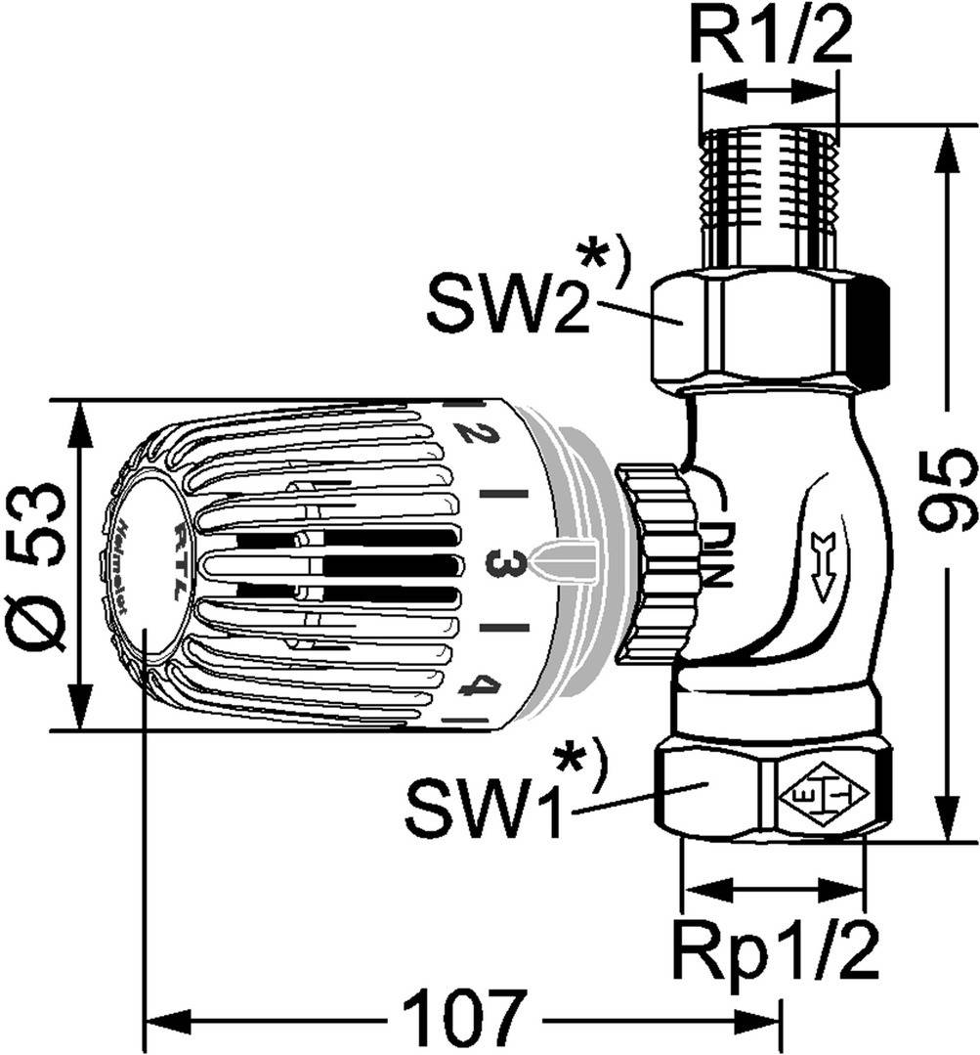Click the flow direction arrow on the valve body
(820, 563)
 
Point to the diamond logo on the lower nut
(823, 796)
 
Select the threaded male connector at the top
(770, 200)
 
